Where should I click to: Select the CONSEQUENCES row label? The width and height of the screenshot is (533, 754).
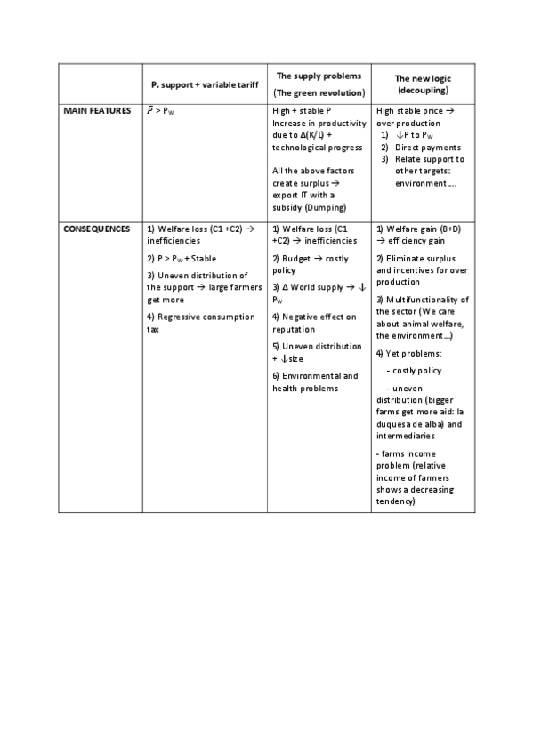pos(95,229)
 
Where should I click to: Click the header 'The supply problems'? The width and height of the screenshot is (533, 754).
pos(319,76)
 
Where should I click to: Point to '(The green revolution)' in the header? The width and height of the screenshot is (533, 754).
pos(319,92)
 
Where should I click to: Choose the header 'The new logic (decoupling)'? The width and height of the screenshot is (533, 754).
pos(423,84)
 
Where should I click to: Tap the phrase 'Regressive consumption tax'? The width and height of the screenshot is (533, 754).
pos(196,322)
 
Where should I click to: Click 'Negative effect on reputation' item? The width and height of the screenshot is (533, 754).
pos(313,322)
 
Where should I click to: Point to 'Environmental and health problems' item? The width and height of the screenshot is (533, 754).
pos(315,381)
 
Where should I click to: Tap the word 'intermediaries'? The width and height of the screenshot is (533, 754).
pos(406,437)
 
